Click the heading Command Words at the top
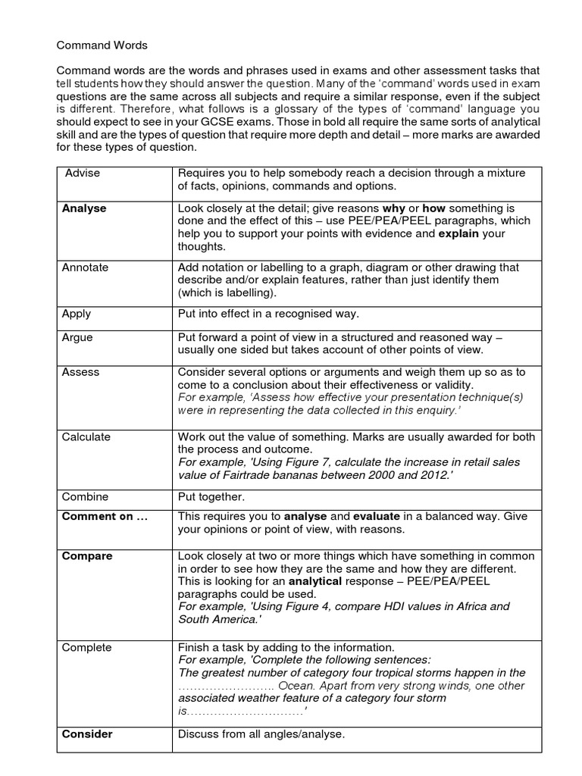pyautogui.click(x=102, y=45)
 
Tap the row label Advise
pyautogui.click(x=82, y=174)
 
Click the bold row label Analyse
pyautogui.click(x=83, y=208)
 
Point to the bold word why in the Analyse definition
pyautogui.click(x=393, y=208)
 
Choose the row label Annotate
pyautogui.click(x=85, y=268)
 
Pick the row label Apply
pyautogui.click(x=77, y=314)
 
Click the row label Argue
pyautogui.click(x=77, y=337)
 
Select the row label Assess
pyautogui.click(x=80, y=373)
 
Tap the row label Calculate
pyautogui.click(x=86, y=437)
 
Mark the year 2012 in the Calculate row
pyautogui.click(x=436, y=475)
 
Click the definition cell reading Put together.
pyautogui.click(x=211, y=497)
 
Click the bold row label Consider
pyautogui.click(x=87, y=734)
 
